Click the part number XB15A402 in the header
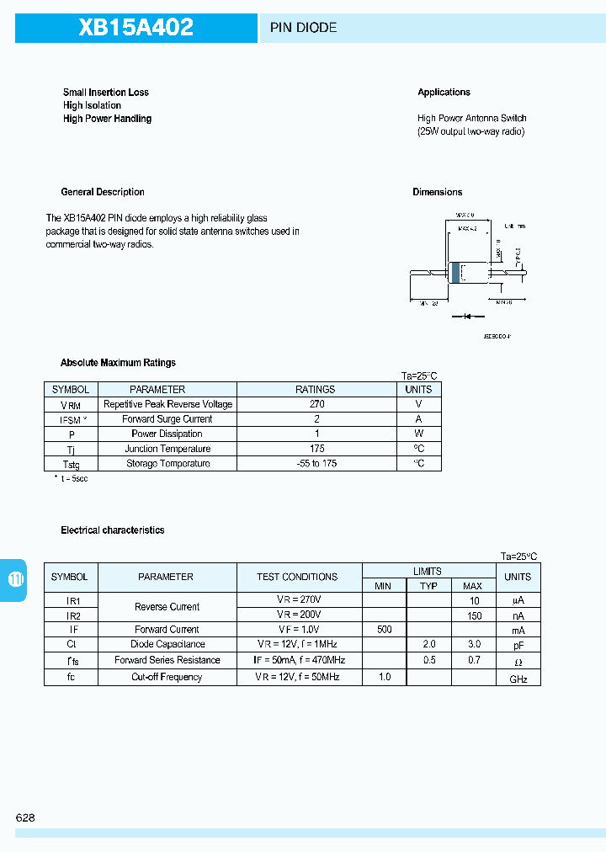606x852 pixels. tap(136, 28)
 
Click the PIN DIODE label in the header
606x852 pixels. tap(303, 28)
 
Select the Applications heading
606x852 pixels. tap(444, 92)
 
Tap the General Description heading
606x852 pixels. tap(103, 192)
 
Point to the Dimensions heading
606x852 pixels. tap(437, 192)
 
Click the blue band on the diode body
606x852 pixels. tap(457, 273)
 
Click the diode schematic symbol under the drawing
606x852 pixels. tap(464, 317)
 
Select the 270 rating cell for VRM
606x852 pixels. tap(316, 404)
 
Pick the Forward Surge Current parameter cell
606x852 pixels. tap(167, 419)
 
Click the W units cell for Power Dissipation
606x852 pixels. tap(418, 434)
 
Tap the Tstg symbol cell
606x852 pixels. tap(71, 464)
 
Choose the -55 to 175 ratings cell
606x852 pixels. tap(316, 464)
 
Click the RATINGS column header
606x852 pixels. tap(316, 390)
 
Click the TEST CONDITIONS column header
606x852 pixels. tap(298, 577)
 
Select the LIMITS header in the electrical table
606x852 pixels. tap(428, 571)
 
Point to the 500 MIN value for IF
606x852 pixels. tap(385, 630)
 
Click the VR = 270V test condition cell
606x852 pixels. tap(298, 599)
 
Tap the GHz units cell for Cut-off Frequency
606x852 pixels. tap(518, 679)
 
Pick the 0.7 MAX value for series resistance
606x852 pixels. tap(474, 661)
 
